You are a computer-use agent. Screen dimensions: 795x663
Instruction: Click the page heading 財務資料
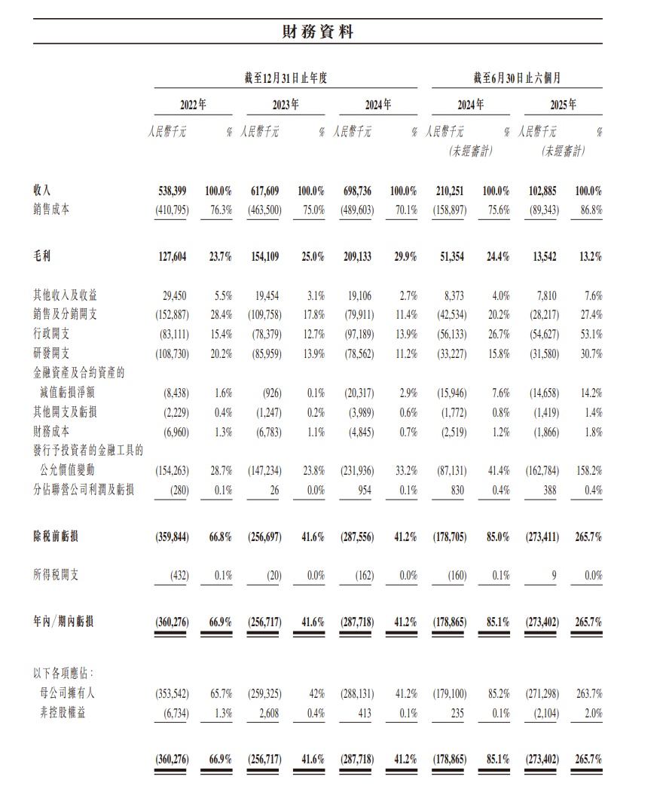[317, 32]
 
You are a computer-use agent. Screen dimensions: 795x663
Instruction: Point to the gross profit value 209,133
[356, 256]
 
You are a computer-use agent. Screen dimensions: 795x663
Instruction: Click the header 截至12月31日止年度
[285, 78]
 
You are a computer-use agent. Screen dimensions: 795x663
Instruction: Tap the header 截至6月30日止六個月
[517, 78]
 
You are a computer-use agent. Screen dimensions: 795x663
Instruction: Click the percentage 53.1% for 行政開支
[588, 334]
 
